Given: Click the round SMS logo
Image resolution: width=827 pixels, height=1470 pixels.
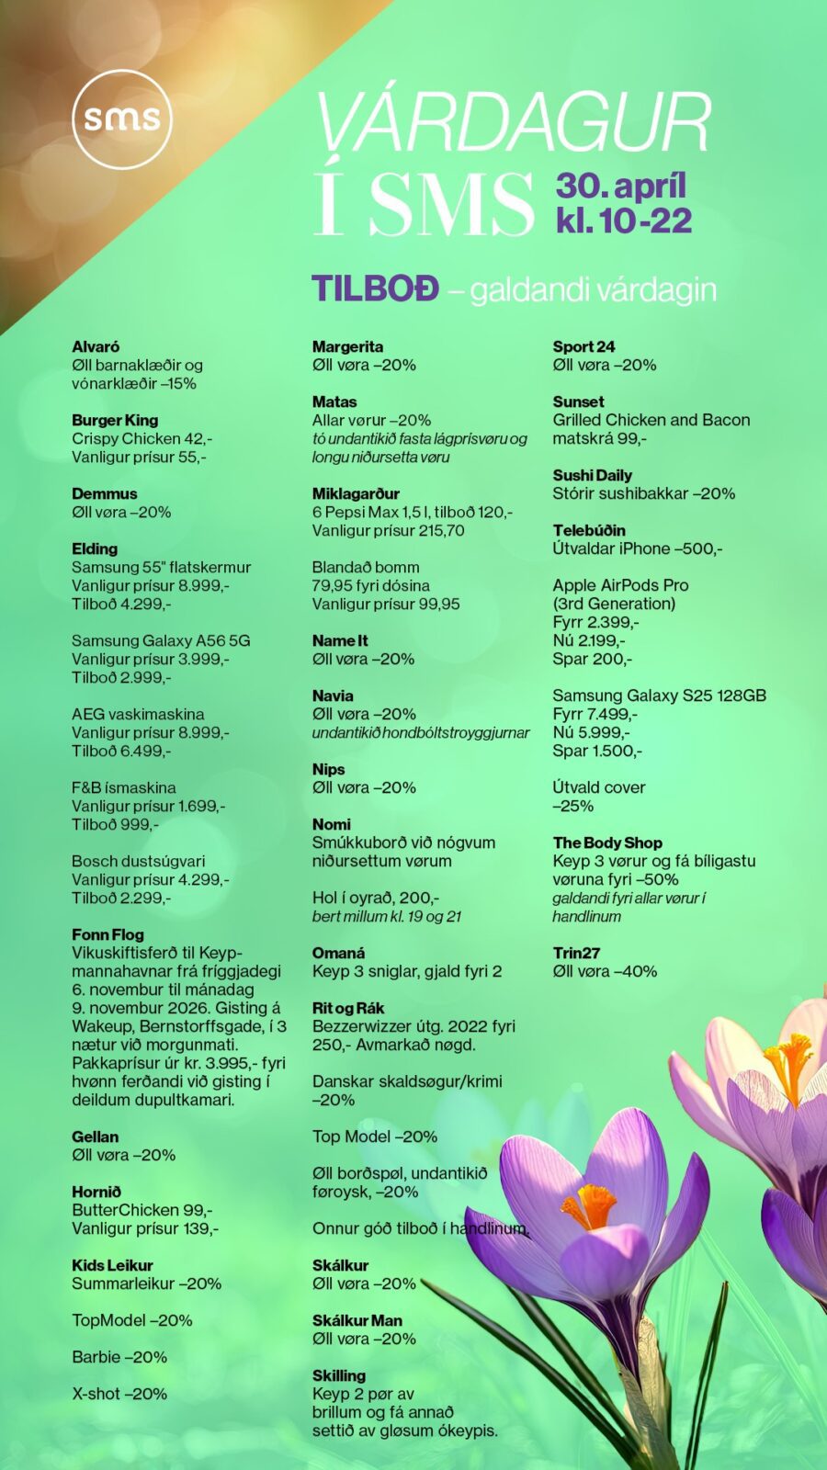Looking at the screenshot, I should point(122,119).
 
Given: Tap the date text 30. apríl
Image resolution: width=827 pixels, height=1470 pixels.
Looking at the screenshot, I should point(620,186).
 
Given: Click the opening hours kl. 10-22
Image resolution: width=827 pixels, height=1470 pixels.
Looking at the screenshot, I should point(623,220).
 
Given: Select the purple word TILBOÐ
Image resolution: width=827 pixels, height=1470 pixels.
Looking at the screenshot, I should point(375,288).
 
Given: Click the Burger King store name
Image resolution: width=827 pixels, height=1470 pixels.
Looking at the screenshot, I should point(115,420).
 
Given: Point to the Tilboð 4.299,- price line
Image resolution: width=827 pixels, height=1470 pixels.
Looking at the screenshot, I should point(121,604).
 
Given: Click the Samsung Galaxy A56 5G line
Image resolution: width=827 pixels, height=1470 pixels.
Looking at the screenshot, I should point(161,640).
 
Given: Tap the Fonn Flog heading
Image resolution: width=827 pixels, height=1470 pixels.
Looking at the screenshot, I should point(108,934).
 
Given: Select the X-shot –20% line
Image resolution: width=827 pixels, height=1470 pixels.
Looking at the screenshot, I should point(119,1394).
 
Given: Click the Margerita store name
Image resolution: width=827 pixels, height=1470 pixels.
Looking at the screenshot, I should point(347,346).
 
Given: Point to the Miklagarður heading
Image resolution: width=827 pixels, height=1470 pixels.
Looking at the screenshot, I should point(356,493).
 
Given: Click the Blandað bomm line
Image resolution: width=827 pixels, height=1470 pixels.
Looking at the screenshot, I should point(365,567).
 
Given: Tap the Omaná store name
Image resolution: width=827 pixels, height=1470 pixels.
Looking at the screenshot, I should point(338,953).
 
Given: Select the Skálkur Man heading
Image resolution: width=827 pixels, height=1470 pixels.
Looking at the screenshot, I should point(357,1320).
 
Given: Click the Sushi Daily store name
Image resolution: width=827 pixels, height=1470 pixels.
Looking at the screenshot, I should point(592,475).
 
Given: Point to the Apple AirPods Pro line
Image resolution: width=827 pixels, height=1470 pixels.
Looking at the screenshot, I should point(620,585).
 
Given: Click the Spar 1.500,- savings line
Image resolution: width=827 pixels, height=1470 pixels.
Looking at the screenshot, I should point(596,751).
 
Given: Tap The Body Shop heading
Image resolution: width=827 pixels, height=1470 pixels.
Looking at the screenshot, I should point(606,842).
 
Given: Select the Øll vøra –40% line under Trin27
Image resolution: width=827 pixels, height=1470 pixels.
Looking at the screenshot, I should point(605,971).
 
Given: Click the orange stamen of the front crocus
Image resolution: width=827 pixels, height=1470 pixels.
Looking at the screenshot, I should point(589,1205).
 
